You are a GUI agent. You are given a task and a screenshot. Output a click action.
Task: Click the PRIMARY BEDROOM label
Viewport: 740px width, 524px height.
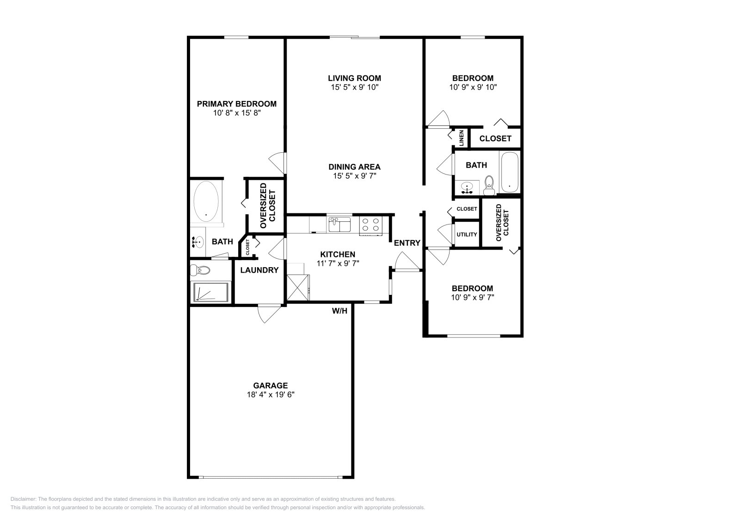click(236, 104)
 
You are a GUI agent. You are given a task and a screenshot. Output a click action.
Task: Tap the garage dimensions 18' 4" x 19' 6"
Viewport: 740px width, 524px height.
click(271, 395)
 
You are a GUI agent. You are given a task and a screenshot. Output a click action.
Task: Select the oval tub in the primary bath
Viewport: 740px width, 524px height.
click(206, 202)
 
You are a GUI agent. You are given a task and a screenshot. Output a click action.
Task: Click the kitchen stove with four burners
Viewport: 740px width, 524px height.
click(370, 225)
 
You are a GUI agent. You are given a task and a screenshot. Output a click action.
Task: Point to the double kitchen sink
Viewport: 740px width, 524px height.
click(340, 225)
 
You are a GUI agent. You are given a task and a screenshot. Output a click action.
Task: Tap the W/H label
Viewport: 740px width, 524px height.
click(339, 311)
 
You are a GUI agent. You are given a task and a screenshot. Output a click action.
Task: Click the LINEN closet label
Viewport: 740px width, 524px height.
click(461, 138)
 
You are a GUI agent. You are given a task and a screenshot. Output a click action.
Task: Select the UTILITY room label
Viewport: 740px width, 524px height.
click(467, 234)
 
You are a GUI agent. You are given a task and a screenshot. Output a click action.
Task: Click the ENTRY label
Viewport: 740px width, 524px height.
click(407, 243)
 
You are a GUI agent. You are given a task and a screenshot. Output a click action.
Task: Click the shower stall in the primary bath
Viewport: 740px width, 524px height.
click(211, 292)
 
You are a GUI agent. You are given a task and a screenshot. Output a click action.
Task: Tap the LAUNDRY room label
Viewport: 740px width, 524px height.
click(259, 270)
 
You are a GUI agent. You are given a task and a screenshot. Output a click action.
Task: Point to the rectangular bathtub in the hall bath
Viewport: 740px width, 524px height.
click(510, 172)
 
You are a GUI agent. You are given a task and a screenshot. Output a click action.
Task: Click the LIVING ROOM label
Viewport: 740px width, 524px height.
click(354, 78)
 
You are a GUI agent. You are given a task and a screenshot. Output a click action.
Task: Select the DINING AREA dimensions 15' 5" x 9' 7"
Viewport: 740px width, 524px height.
click(354, 176)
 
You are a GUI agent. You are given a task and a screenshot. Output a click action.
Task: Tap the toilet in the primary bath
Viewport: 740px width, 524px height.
click(200, 270)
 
